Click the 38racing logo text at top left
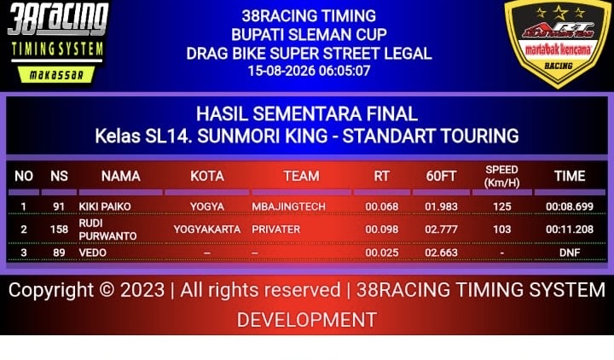[58, 19]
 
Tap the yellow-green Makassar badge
[56, 74]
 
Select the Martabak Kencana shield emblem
[558, 43]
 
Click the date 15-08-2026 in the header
[281, 71]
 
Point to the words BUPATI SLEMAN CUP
[309, 34]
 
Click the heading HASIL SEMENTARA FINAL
[307, 114]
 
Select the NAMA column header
[120, 176]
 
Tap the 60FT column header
[441, 176]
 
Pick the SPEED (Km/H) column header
[501, 176]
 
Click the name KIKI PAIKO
[105, 206]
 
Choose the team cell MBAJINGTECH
[288, 206]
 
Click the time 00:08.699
[570, 206]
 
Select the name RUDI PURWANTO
[107, 229]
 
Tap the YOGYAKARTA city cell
[207, 229]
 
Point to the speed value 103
[502, 229]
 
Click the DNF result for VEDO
[570, 253]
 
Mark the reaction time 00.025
[382, 253]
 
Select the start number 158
[59, 229]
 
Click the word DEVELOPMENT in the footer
[307, 320]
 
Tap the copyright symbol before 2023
[107, 290]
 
